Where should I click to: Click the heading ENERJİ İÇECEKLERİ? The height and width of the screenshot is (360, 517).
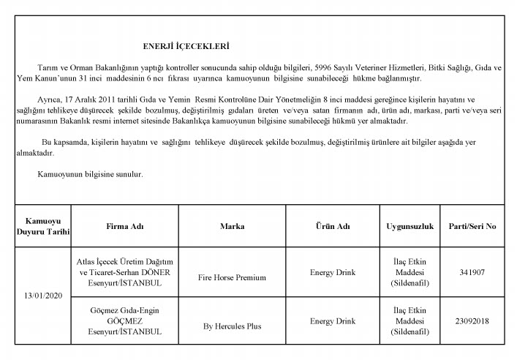pyautogui.click(x=186, y=45)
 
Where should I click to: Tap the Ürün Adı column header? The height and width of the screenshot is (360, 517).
pyautogui.click(x=332, y=225)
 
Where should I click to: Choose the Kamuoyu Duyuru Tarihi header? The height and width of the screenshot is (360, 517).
pyautogui.click(x=43, y=225)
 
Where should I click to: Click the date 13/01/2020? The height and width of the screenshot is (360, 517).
pyautogui.click(x=43, y=297)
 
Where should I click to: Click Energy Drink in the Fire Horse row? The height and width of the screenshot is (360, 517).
pyautogui.click(x=332, y=272)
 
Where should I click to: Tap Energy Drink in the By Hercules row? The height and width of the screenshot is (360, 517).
pyautogui.click(x=332, y=320)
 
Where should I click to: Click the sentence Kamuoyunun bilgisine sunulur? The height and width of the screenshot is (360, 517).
pyautogui.click(x=90, y=175)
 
